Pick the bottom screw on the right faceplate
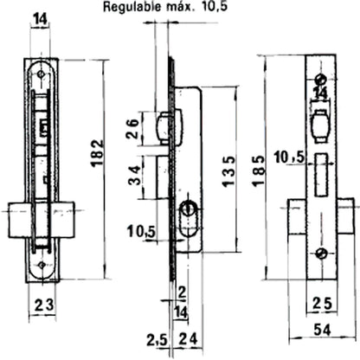320,253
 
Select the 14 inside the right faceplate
319,92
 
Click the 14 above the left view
40,16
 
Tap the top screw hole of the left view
41,75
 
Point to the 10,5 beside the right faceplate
289,157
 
